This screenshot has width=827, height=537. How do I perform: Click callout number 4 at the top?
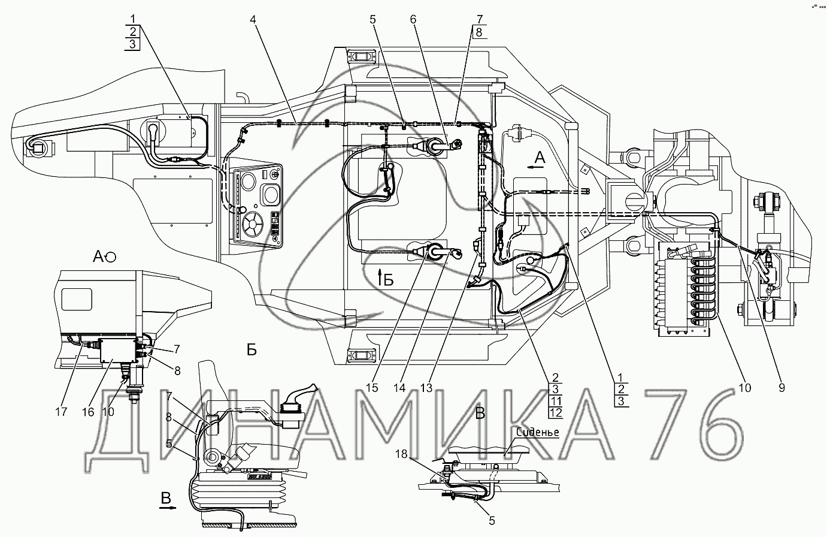(253, 19)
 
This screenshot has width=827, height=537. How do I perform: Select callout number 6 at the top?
(413, 19)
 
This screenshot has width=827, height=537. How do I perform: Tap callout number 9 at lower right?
(781, 388)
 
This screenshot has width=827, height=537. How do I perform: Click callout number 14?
(399, 388)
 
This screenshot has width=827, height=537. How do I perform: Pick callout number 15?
(372, 388)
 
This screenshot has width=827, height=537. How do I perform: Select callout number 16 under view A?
(88, 412)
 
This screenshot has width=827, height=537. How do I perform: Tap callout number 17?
(61, 412)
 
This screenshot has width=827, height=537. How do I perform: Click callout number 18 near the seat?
(401, 454)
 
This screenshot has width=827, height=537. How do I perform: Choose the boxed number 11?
(556, 401)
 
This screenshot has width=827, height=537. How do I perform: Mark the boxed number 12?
(556, 413)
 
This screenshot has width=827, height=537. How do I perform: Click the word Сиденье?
(538, 432)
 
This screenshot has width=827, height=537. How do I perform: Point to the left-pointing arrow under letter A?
(536, 167)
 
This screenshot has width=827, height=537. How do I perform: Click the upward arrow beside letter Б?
(380, 277)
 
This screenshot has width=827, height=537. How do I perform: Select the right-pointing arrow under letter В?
(168, 508)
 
